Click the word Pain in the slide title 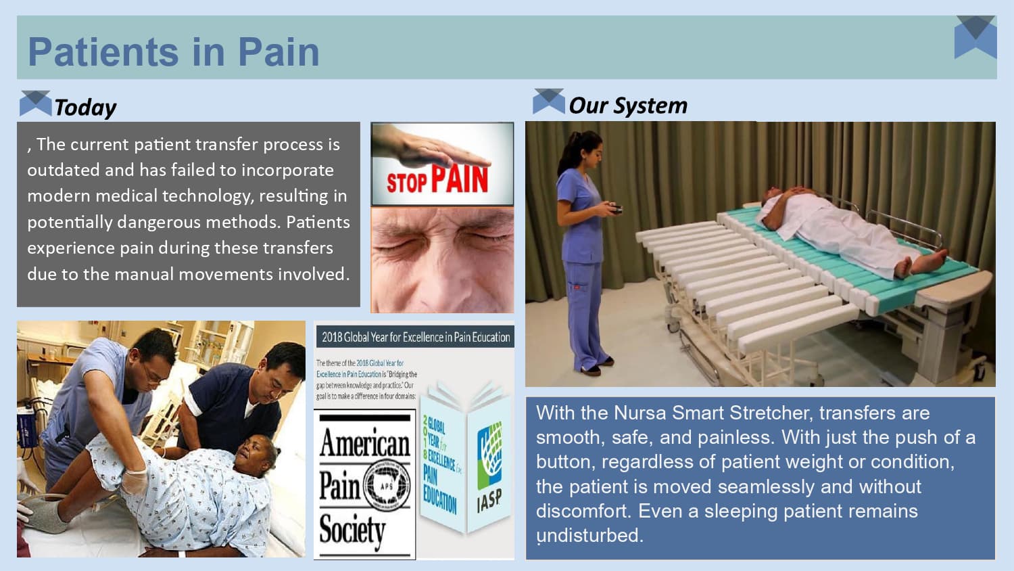pyautogui.click(x=279, y=52)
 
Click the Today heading pyautogui.click(x=85, y=107)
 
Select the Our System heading pyautogui.click(x=627, y=106)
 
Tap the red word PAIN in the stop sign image pyautogui.click(x=459, y=179)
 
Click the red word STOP pyautogui.click(x=406, y=182)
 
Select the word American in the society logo pyautogui.click(x=364, y=443)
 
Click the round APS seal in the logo pyautogui.click(x=387, y=485)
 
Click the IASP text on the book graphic pyautogui.click(x=489, y=501)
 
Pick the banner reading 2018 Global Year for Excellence pyautogui.click(x=415, y=337)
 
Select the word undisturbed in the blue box pyautogui.click(x=589, y=535)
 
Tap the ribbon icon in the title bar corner pyautogui.click(x=975, y=37)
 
